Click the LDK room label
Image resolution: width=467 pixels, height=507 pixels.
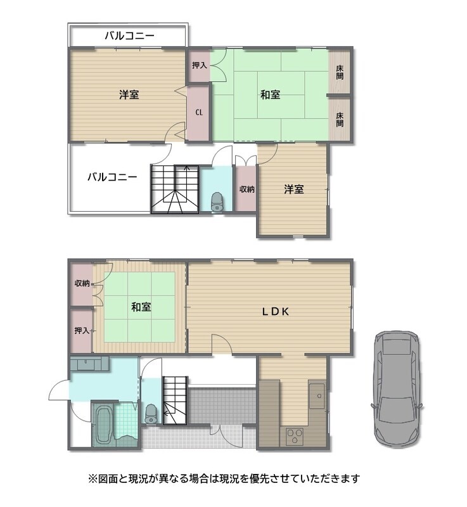(275, 311)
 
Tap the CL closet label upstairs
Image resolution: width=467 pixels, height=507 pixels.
(199, 112)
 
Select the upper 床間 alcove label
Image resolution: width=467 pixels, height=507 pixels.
(340, 72)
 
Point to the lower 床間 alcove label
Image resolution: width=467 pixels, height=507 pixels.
(340, 119)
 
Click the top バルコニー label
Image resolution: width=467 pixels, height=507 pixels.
(129, 35)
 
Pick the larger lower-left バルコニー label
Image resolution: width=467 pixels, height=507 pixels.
(112, 177)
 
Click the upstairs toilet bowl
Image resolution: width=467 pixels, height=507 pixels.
(217, 201)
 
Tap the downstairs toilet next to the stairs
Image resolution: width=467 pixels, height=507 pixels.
(151, 414)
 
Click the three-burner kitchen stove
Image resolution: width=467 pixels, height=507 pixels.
(295, 435)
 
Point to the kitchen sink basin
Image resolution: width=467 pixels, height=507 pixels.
(317, 395)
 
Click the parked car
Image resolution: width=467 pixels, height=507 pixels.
(397, 388)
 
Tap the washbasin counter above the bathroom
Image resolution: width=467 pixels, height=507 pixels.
(90, 364)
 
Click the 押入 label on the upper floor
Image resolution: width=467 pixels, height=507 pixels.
(200, 65)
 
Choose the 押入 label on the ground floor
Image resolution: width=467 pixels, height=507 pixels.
(82, 330)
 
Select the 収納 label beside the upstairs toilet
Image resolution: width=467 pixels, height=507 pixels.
(247, 189)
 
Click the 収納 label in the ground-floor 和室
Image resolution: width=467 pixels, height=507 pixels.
(82, 283)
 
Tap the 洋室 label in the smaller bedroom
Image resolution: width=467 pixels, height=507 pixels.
(294, 189)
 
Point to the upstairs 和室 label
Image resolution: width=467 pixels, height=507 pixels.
(270, 94)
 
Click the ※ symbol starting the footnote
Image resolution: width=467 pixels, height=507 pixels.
(93, 478)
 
